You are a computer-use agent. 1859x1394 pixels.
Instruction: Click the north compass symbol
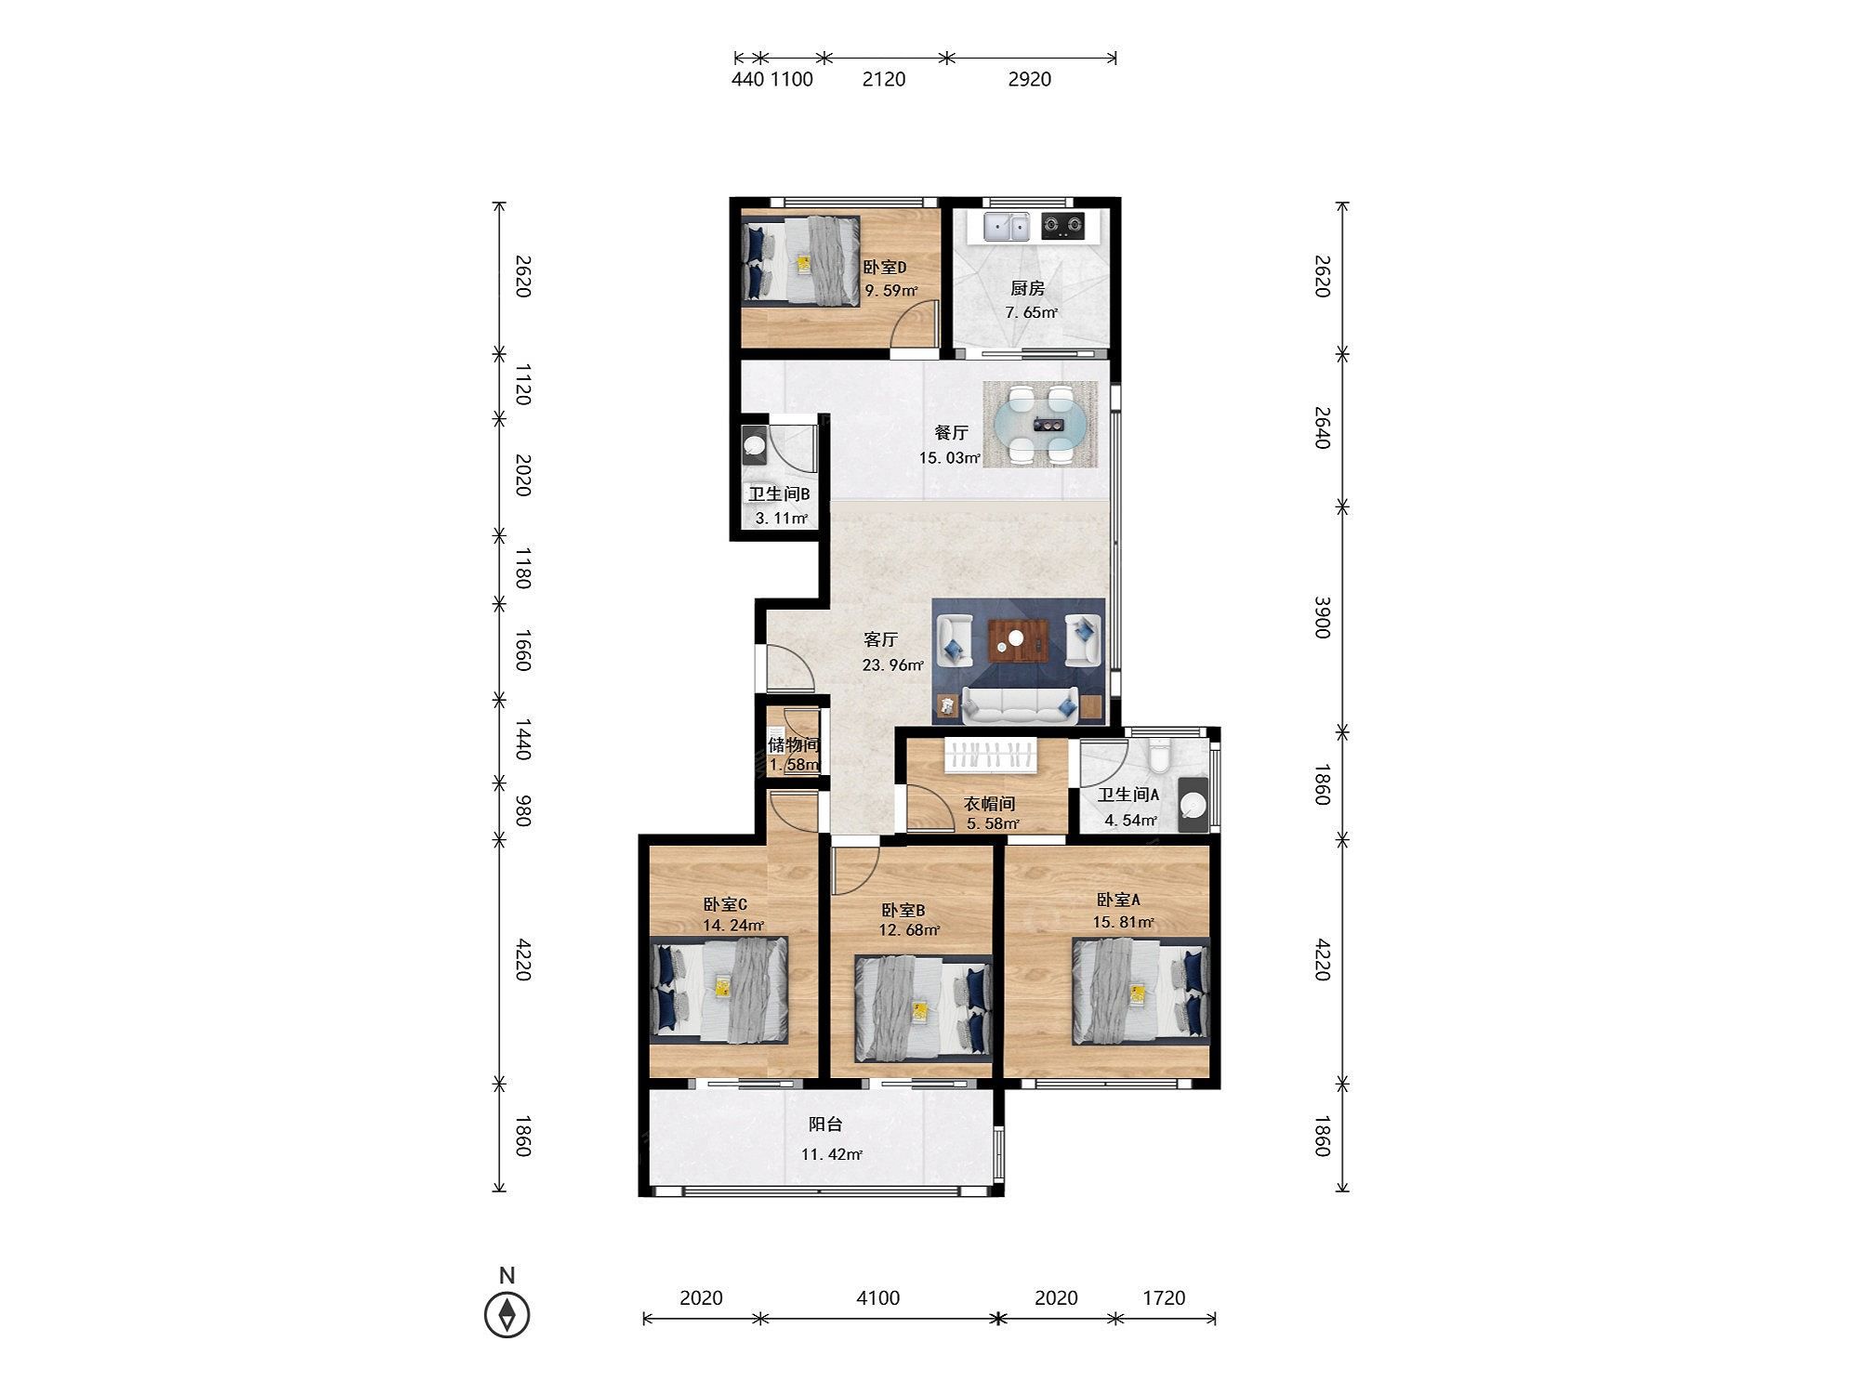tap(508, 1315)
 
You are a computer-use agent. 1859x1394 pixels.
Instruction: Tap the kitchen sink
tap(1007, 225)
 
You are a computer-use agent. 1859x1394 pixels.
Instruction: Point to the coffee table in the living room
tap(1018, 640)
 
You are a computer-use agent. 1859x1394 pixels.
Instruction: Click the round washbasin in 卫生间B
tap(754, 445)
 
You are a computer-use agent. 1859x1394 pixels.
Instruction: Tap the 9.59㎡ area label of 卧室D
tap(891, 290)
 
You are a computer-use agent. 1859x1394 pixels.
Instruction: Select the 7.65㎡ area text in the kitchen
tap(1032, 312)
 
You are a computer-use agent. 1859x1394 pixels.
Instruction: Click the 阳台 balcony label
tap(825, 1124)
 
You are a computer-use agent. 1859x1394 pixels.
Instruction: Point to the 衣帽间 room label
tap(989, 803)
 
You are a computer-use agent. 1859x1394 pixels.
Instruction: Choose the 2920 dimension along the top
tap(1030, 79)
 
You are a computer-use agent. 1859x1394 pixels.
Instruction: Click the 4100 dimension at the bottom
tap(877, 1297)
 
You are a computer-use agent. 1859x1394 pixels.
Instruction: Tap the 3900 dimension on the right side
tap(1323, 617)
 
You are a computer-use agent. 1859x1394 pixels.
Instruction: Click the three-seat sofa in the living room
tap(1020, 705)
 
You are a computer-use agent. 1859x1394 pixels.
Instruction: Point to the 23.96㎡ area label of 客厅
tap(893, 664)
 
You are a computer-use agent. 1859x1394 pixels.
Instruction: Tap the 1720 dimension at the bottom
tap(1164, 1297)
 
